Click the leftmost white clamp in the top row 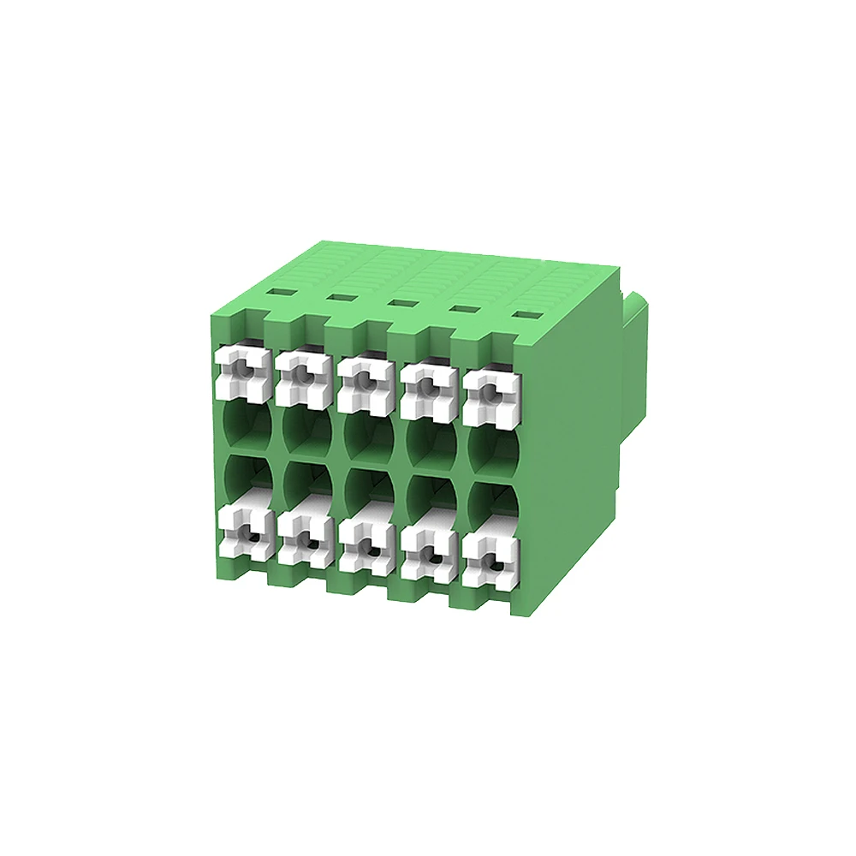point(243,372)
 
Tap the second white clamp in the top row point(303,377)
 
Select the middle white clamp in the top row point(364,383)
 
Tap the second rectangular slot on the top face point(339,297)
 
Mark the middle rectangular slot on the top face point(399,302)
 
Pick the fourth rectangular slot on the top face point(462,308)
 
